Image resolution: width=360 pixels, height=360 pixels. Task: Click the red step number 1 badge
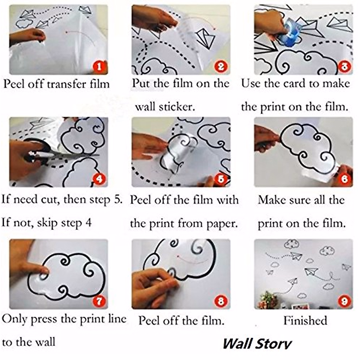99,66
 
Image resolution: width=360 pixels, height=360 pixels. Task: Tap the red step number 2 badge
221,66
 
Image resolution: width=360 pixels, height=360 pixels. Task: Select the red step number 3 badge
344,66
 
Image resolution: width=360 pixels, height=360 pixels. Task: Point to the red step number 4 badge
99,179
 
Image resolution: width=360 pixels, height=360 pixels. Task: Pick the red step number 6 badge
344,179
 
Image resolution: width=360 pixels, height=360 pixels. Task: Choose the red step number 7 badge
99,301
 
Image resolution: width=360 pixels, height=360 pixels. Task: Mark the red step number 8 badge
221,301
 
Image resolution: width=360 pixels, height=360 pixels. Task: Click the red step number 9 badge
344,301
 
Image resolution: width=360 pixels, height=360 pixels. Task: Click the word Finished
305,321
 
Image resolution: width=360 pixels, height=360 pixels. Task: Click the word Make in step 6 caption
271,200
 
